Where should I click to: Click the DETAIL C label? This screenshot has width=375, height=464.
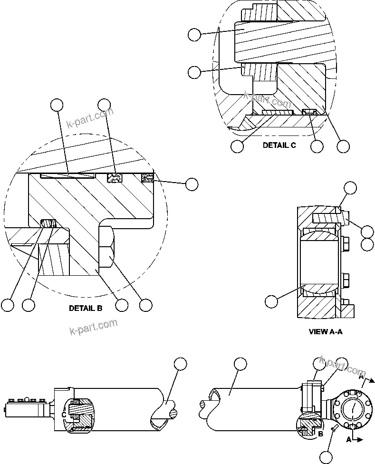click(279, 145)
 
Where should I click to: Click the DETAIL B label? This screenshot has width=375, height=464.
click(86, 308)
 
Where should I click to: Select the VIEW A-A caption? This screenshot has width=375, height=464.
click(325, 332)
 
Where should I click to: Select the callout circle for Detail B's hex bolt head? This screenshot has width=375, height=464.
click(145, 305)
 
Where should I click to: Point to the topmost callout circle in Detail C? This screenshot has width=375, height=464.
click(194, 34)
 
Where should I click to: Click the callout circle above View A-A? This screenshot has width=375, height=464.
click(350, 187)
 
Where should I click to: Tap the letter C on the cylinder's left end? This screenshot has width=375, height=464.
click(63, 414)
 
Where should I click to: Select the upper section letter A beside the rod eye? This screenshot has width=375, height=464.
click(361, 377)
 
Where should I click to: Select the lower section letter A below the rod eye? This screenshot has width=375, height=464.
click(349, 440)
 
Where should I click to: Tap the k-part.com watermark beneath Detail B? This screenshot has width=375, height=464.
click(93, 328)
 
